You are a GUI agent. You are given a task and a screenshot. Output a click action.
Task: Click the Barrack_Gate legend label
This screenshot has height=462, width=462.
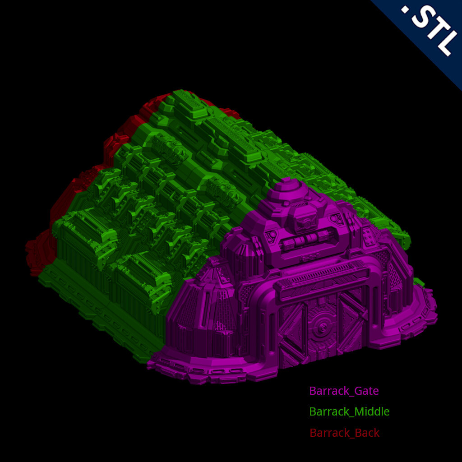pyautogui.click(x=344, y=391)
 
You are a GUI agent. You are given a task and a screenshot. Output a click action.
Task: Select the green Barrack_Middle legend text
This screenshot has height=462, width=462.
pyautogui.click(x=349, y=412)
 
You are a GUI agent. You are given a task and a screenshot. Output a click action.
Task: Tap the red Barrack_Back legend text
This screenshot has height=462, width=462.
pyautogui.click(x=344, y=433)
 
